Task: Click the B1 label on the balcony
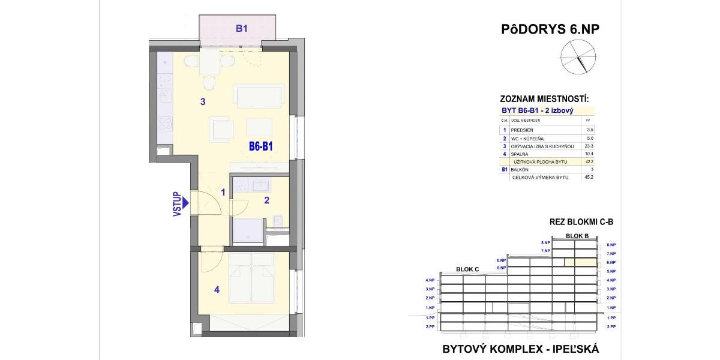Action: tap(241, 28)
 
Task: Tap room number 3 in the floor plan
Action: tap(203, 102)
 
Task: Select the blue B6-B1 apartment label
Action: tap(262, 146)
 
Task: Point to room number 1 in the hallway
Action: tap(223, 193)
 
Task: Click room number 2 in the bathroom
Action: tap(266, 201)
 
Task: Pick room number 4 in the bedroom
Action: tap(217, 290)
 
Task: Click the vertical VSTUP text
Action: tap(177, 203)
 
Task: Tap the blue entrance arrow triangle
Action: tap(187, 203)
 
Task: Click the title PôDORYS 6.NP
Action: tap(550, 29)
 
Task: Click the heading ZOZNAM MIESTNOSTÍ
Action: tap(544, 99)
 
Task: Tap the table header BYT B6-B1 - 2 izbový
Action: tap(538, 111)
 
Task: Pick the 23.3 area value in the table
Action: tap(589, 146)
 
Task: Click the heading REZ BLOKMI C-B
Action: tap(581, 222)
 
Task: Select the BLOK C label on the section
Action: tap(467, 269)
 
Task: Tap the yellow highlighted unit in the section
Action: tap(581, 262)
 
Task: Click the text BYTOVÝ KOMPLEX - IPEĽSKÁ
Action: tap(520, 349)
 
